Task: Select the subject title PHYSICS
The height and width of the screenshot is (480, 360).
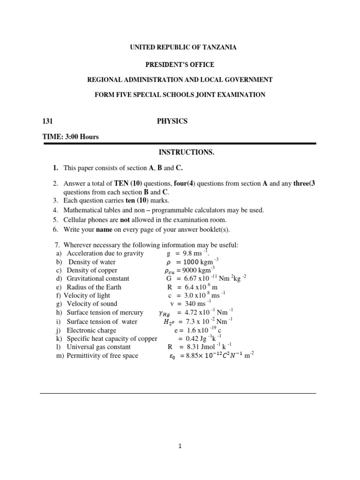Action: pos(172,121)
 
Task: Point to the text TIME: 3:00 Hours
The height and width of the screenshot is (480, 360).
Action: pos(71,137)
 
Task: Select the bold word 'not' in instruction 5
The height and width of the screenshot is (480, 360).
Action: pos(124,219)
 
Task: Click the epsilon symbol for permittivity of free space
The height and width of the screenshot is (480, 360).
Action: pos(172,356)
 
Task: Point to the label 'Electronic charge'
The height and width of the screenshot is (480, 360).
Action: pos(91,330)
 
